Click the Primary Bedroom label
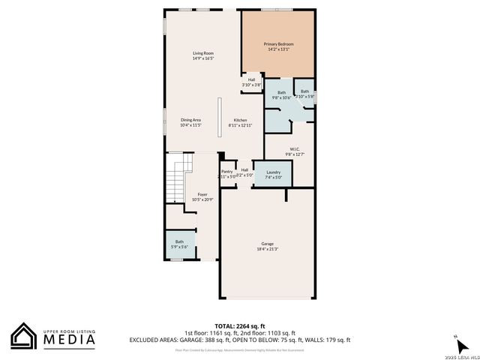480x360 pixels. click(x=278, y=44)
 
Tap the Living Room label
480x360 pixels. click(x=203, y=53)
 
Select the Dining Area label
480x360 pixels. click(x=190, y=120)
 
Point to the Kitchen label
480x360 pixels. click(x=240, y=120)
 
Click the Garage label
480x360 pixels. click(x=267, y=244)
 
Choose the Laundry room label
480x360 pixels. click(x=273, y=172)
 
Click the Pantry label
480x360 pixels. click(x=226, y=171)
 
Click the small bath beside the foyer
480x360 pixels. click(x=180, y=244)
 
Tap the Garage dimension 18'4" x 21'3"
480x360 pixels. click(x=267, y=249)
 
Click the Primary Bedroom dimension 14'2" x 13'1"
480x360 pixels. click(x=278, y=49)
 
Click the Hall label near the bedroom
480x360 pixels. click(x=251, y=79)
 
